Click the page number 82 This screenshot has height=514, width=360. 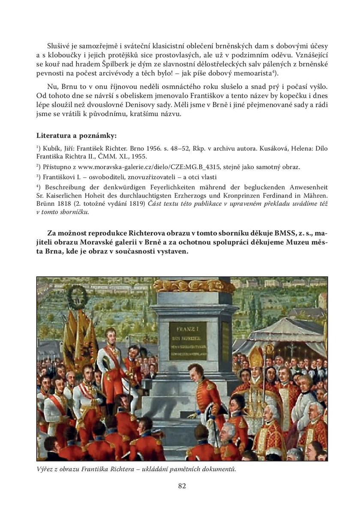tap(182, 486)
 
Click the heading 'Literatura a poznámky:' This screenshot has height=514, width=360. tap(76, 136)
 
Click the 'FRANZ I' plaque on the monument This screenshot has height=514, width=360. tap(188, 341)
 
